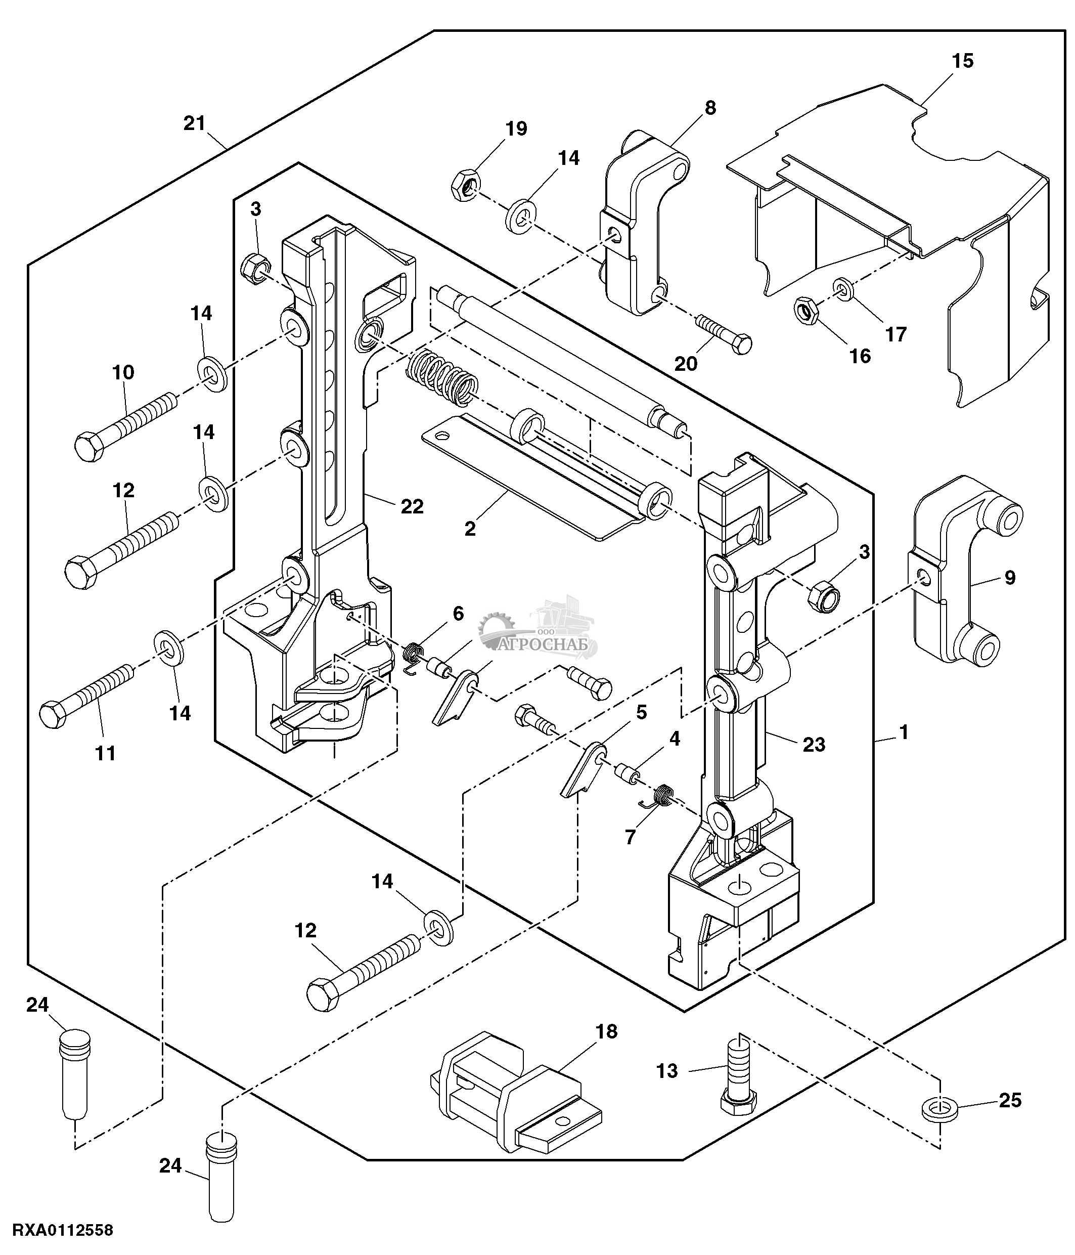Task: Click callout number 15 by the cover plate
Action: click(x=962, y=61)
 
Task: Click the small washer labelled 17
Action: click(x=842, y=289)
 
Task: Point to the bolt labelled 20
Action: click(x=724, y=334)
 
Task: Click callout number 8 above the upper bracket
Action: click(x=710, y=108)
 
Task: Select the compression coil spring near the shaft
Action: click(x=442, y=379)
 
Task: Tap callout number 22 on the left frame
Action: click(x=412, y=506)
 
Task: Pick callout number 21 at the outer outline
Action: click(x=195, y=123)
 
